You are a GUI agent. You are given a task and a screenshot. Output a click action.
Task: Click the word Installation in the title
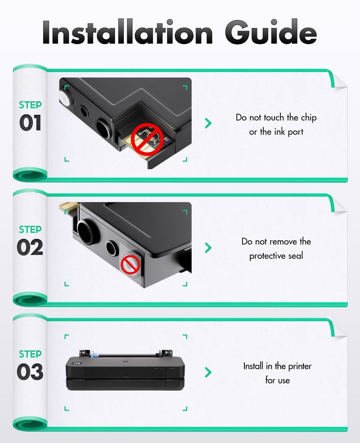tap(127, 31)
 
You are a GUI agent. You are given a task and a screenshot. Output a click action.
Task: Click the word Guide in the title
tap(271, 31)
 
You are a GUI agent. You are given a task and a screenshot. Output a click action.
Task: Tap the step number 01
tap(30, 123)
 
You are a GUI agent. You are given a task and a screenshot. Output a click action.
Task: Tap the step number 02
tap(30, 247)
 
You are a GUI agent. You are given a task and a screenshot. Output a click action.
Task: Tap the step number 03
tap(30, 371)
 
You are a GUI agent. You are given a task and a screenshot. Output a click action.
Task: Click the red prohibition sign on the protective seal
tap(130, 265)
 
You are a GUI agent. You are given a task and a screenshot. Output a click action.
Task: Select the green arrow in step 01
tap(208, 123)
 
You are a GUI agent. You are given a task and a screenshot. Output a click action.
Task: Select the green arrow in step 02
tap(208, 247)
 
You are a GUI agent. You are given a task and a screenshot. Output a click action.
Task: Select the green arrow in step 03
tap(208, 372)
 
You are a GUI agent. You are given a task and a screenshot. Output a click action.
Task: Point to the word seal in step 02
tap(296, 256)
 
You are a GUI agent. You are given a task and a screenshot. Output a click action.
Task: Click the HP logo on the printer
tap(125, 361)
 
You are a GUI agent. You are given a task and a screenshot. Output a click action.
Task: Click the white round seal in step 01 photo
tap(64, 100)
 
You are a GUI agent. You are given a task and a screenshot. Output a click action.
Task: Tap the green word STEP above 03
tap(30, 354)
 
